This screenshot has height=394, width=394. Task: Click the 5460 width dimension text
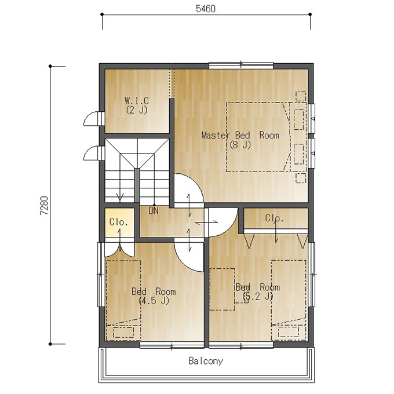(206, 9)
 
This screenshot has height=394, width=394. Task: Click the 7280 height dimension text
(44, 206)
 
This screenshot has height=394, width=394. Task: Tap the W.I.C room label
(137, 101)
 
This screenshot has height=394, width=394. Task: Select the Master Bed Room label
(240, 136)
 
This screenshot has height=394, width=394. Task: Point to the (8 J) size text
(240, 145)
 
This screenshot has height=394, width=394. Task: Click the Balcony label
(206, 361)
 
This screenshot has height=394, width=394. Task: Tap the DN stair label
(154, 211)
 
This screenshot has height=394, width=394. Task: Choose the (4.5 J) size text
(154, 301)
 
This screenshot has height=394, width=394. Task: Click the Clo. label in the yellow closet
(119, 222)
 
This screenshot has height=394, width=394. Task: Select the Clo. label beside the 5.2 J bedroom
(275, 218)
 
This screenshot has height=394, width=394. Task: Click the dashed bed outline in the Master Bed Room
(258, 137)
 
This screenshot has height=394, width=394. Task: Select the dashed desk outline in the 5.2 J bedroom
(222, 289)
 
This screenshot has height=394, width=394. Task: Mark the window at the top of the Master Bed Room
(241, 65)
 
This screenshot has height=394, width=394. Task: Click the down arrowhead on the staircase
(120, 197)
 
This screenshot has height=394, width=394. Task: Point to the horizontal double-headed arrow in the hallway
(206, 222)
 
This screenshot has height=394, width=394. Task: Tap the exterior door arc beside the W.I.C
(90, 119)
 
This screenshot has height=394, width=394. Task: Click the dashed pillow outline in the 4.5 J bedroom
(123, 333)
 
